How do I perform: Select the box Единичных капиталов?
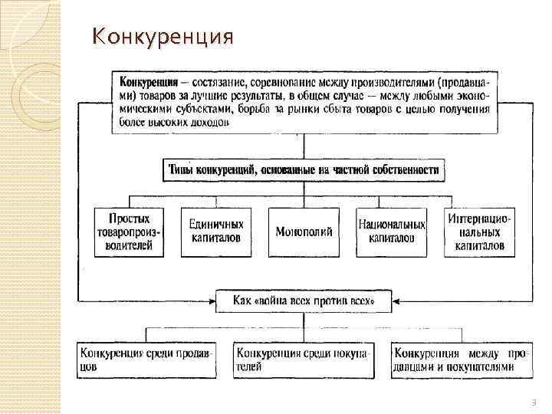(215, 231)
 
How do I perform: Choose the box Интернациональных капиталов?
(479, 232)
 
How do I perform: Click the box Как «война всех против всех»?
(304, 301)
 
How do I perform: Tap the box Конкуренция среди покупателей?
(304, 360)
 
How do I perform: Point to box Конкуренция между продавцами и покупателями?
(458, 360)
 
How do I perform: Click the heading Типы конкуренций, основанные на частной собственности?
(304, 170)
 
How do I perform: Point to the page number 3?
(534, 402)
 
